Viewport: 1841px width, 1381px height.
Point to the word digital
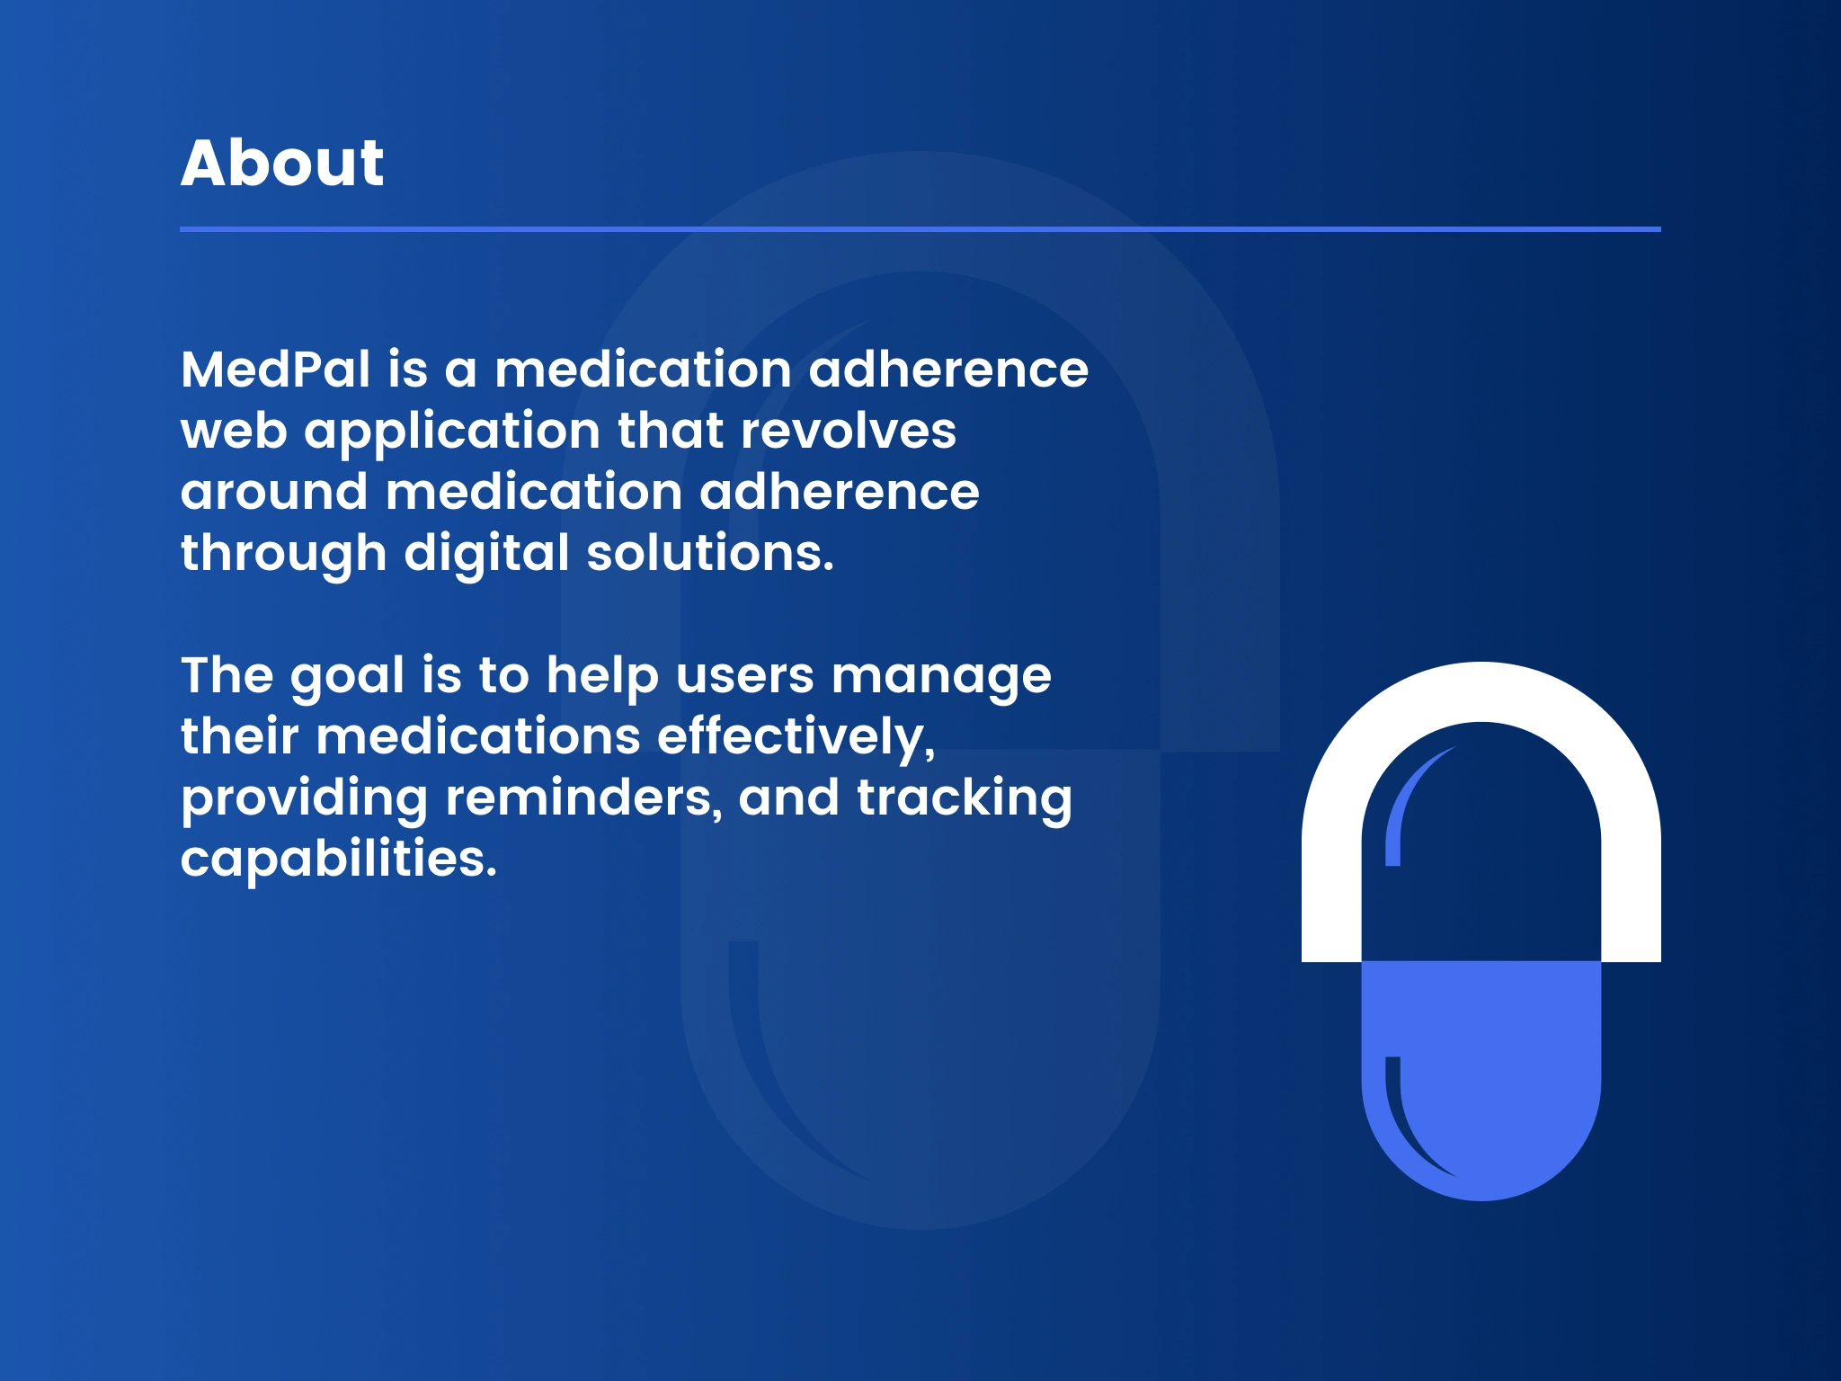486,555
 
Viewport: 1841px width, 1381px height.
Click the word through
283,555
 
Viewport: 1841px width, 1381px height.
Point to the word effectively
796,737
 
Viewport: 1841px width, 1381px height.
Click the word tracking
965,799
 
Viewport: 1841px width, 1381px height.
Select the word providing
304,799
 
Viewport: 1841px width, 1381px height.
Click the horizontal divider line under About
920,229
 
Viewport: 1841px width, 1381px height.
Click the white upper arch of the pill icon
1481,692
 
